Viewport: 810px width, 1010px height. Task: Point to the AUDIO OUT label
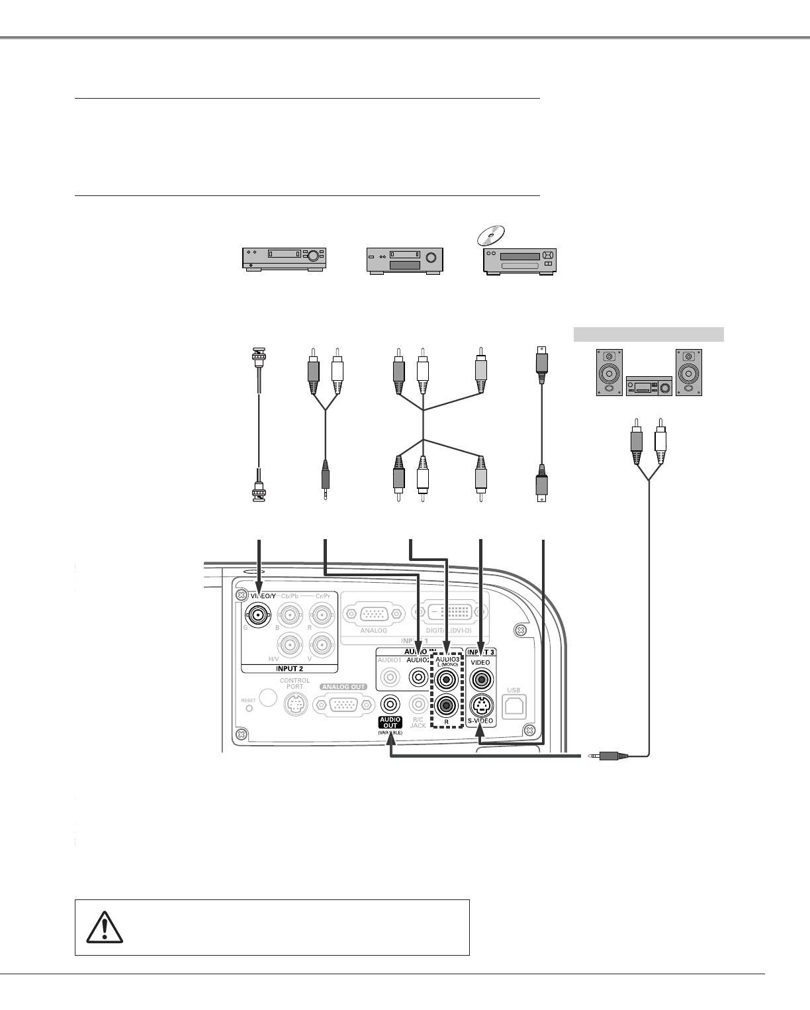click(390, 723)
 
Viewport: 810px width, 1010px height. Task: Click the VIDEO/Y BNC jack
click(258, 614)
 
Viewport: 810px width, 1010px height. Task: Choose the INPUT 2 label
click(289, 668)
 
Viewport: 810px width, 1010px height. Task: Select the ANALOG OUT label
click(344, 687)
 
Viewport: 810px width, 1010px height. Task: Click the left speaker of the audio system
click(609, 372)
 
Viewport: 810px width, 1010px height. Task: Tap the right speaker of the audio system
click(689, 372)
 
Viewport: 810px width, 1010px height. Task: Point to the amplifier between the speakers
click(649, 385)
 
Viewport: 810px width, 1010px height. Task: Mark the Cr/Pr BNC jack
click(322, 615)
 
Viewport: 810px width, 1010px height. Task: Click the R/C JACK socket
click(418, 704)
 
